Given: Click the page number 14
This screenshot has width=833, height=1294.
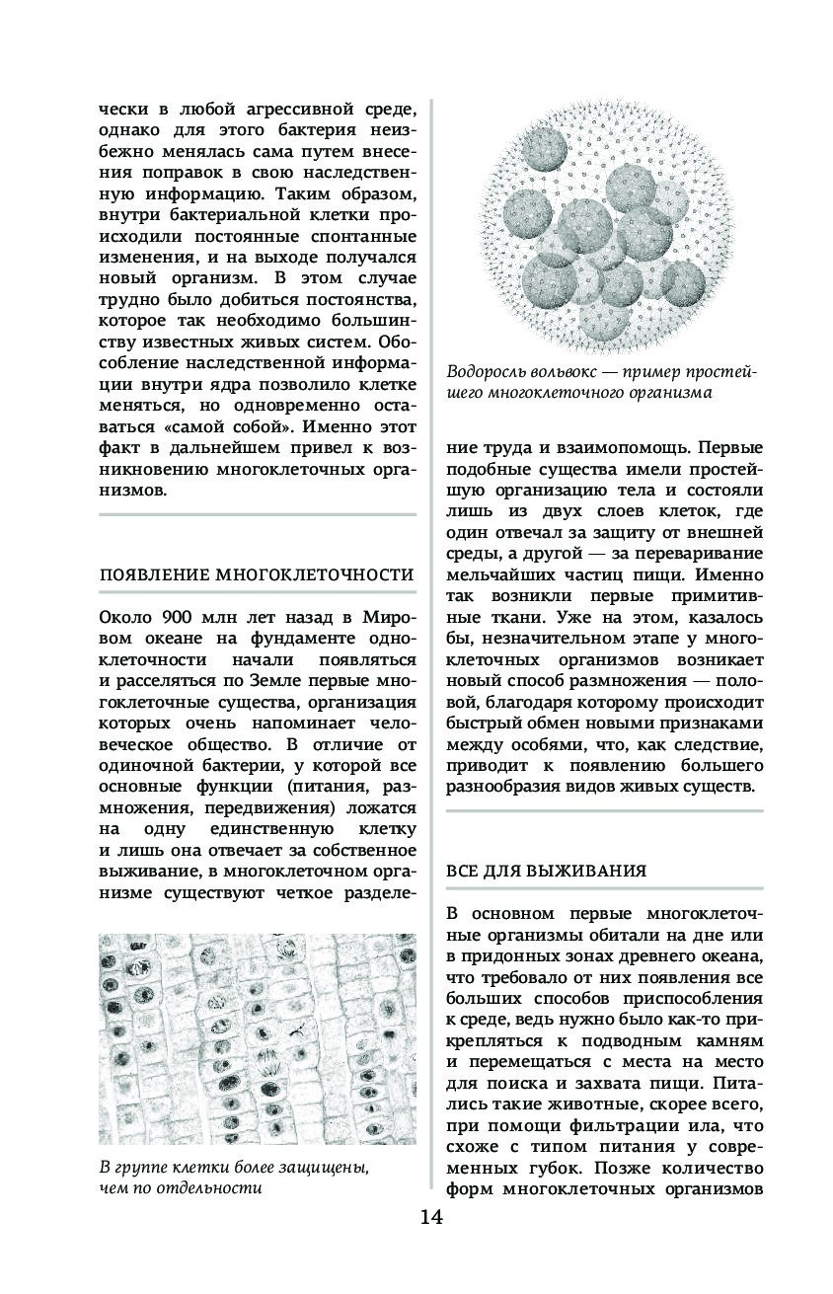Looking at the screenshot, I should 431,1216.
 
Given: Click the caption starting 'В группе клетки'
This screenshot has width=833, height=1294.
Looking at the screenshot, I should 234,1178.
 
